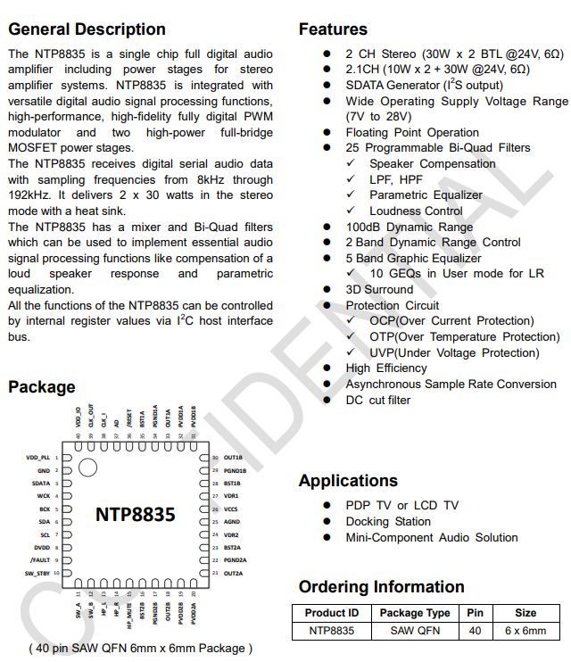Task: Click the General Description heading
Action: pos(87,29)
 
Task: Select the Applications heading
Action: pos(348,481)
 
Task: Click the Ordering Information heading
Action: pos(381,586)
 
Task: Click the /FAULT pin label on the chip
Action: pos(39,560)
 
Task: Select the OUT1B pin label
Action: pos(233,458)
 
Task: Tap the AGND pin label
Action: pos(231,521)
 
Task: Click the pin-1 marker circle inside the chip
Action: pos(87,467)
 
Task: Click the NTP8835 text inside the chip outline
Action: pos(136,514)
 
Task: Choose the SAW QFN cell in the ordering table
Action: pos(414,631)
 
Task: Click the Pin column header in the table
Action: pos(474,613)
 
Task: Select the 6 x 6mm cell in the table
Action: pos(525,631)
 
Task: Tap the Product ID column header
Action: pos(331,613)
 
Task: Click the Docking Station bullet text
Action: pos(388,521)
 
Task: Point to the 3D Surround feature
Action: pos(379,289)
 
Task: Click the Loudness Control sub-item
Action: pos(416,211)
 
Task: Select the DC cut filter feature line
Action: pos(378,400)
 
